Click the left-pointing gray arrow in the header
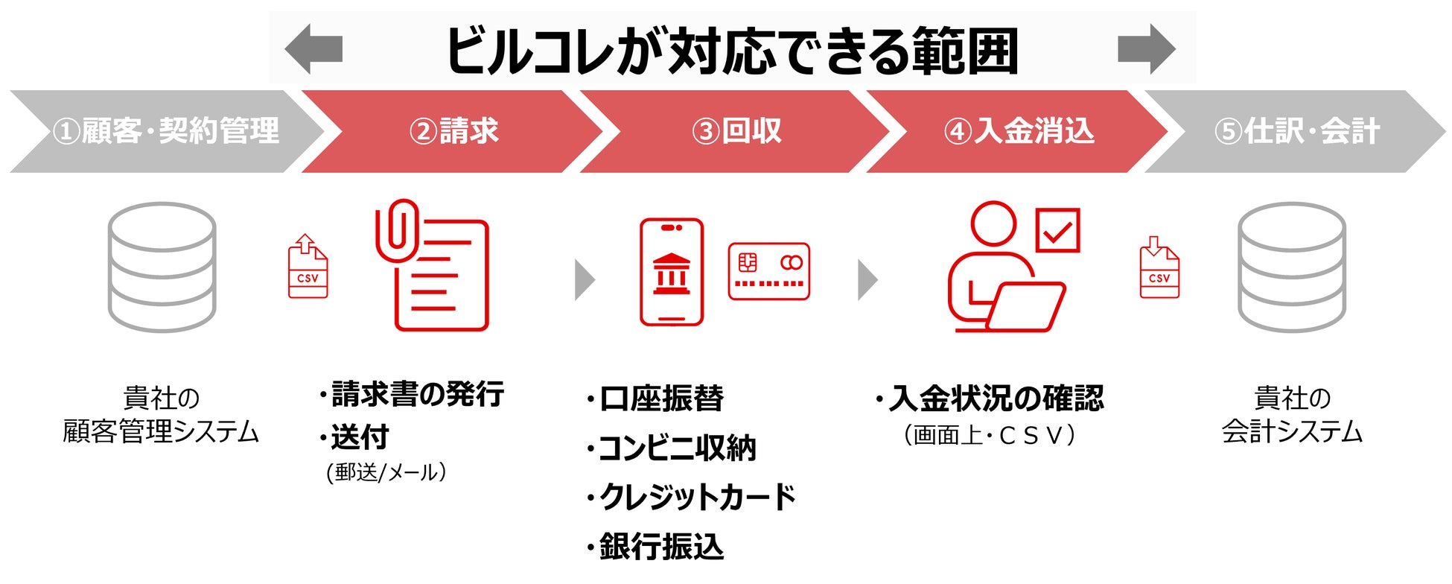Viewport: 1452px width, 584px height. [x=313, y=49]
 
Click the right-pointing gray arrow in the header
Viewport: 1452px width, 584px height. [x=1146, y=49]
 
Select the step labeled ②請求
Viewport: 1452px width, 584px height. [x=453, y=132]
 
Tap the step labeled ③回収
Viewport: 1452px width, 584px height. [x=736, y=132]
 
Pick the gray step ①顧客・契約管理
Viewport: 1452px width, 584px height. [x=165, y=132]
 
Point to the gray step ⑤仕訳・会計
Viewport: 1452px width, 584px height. [x=1296, y=132]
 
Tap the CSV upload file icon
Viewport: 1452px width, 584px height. [x=308, y=267]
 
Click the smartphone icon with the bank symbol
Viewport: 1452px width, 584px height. [x=672, y=272]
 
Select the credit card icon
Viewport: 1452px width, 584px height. [x=768, y=272]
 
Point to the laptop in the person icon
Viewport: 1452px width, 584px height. [x=1025, y=307]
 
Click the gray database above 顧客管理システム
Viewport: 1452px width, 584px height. [x=162, y=267]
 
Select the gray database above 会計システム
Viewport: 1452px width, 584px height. [x=1292, y=267]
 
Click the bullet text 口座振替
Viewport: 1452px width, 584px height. [x=661, y=399]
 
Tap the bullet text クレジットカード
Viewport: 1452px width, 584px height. [x=697, y=498]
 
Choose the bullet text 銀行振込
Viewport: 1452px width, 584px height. [x=661, y=547]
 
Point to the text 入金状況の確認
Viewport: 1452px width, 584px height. [x=996, y=399]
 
